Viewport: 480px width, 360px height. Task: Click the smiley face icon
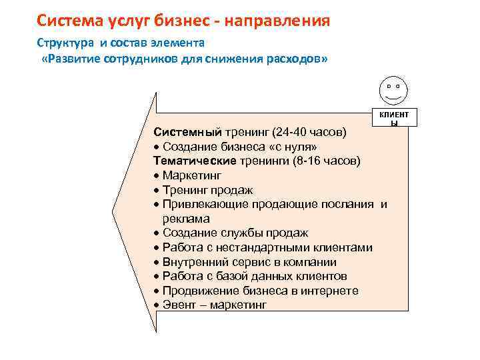(x=393, y=89)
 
